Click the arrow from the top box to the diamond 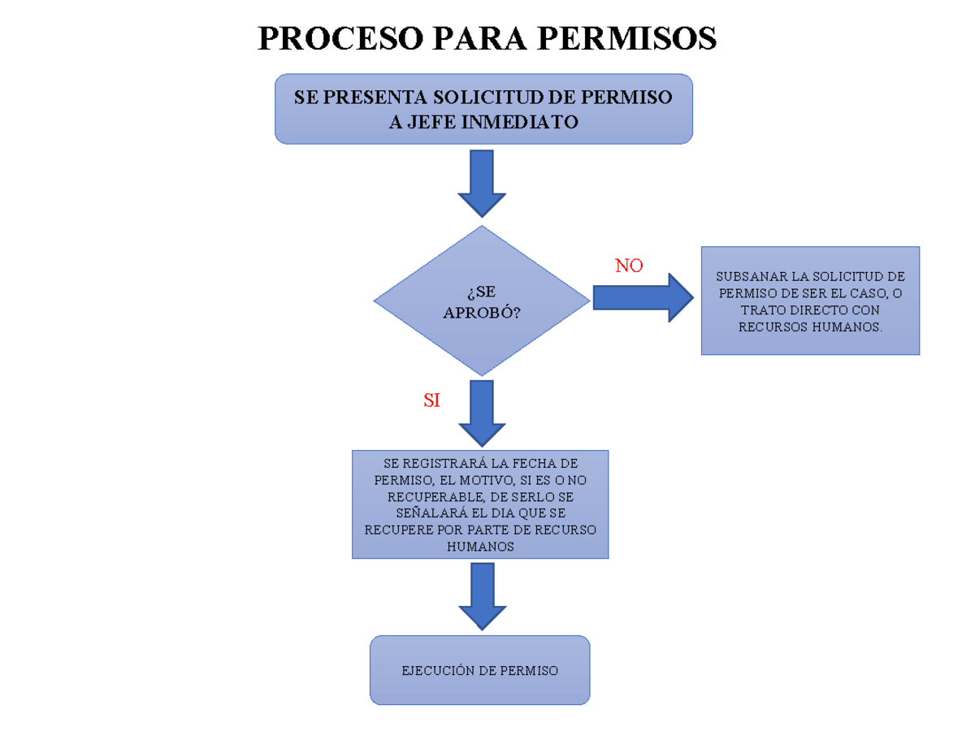coord(482,183)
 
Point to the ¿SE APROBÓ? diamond coord(482,301)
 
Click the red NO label coord(629,266)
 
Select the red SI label coord(431,400)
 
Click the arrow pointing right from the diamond coord(642,297)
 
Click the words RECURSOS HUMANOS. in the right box coord(810,327)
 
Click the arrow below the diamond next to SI coord(482,413)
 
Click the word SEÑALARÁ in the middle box coord(424,513)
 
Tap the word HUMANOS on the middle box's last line coord(480,547)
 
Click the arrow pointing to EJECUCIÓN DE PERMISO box coord(482,595)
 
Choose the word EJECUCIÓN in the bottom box coord(437,671)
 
